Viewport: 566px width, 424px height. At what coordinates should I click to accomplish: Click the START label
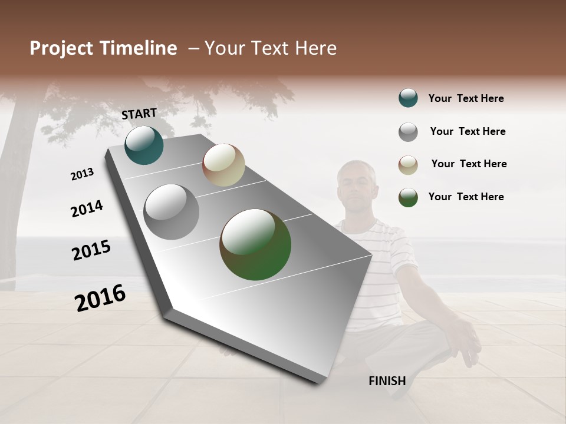(139, 114)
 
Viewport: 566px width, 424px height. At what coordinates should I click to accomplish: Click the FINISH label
(387, 381)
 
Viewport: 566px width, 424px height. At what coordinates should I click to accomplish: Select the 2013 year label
(82, 174)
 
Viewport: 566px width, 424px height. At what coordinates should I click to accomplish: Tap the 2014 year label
(87, 208)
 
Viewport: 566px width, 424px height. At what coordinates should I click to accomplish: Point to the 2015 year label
(91, 250)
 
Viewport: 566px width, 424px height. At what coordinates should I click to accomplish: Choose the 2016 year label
(100, 298)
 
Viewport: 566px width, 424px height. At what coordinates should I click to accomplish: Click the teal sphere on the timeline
(144, 145)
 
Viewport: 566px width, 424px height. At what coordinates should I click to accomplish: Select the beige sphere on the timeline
(223, 165)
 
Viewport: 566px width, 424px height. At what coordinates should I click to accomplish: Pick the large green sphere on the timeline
(255, 244)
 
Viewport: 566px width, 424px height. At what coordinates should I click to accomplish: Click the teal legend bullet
(408, 98)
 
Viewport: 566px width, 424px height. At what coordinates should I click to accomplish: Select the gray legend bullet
(408, 132)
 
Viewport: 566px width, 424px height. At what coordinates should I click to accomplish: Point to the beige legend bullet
(408, 165)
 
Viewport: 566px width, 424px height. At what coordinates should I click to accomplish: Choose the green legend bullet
(408, 197)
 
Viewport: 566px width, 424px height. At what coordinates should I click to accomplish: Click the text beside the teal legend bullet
(466, 99)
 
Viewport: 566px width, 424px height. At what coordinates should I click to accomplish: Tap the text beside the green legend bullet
(466, 197)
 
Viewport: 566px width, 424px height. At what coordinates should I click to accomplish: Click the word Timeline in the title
(138, 48)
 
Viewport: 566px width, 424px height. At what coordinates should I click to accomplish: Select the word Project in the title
(62, 48)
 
